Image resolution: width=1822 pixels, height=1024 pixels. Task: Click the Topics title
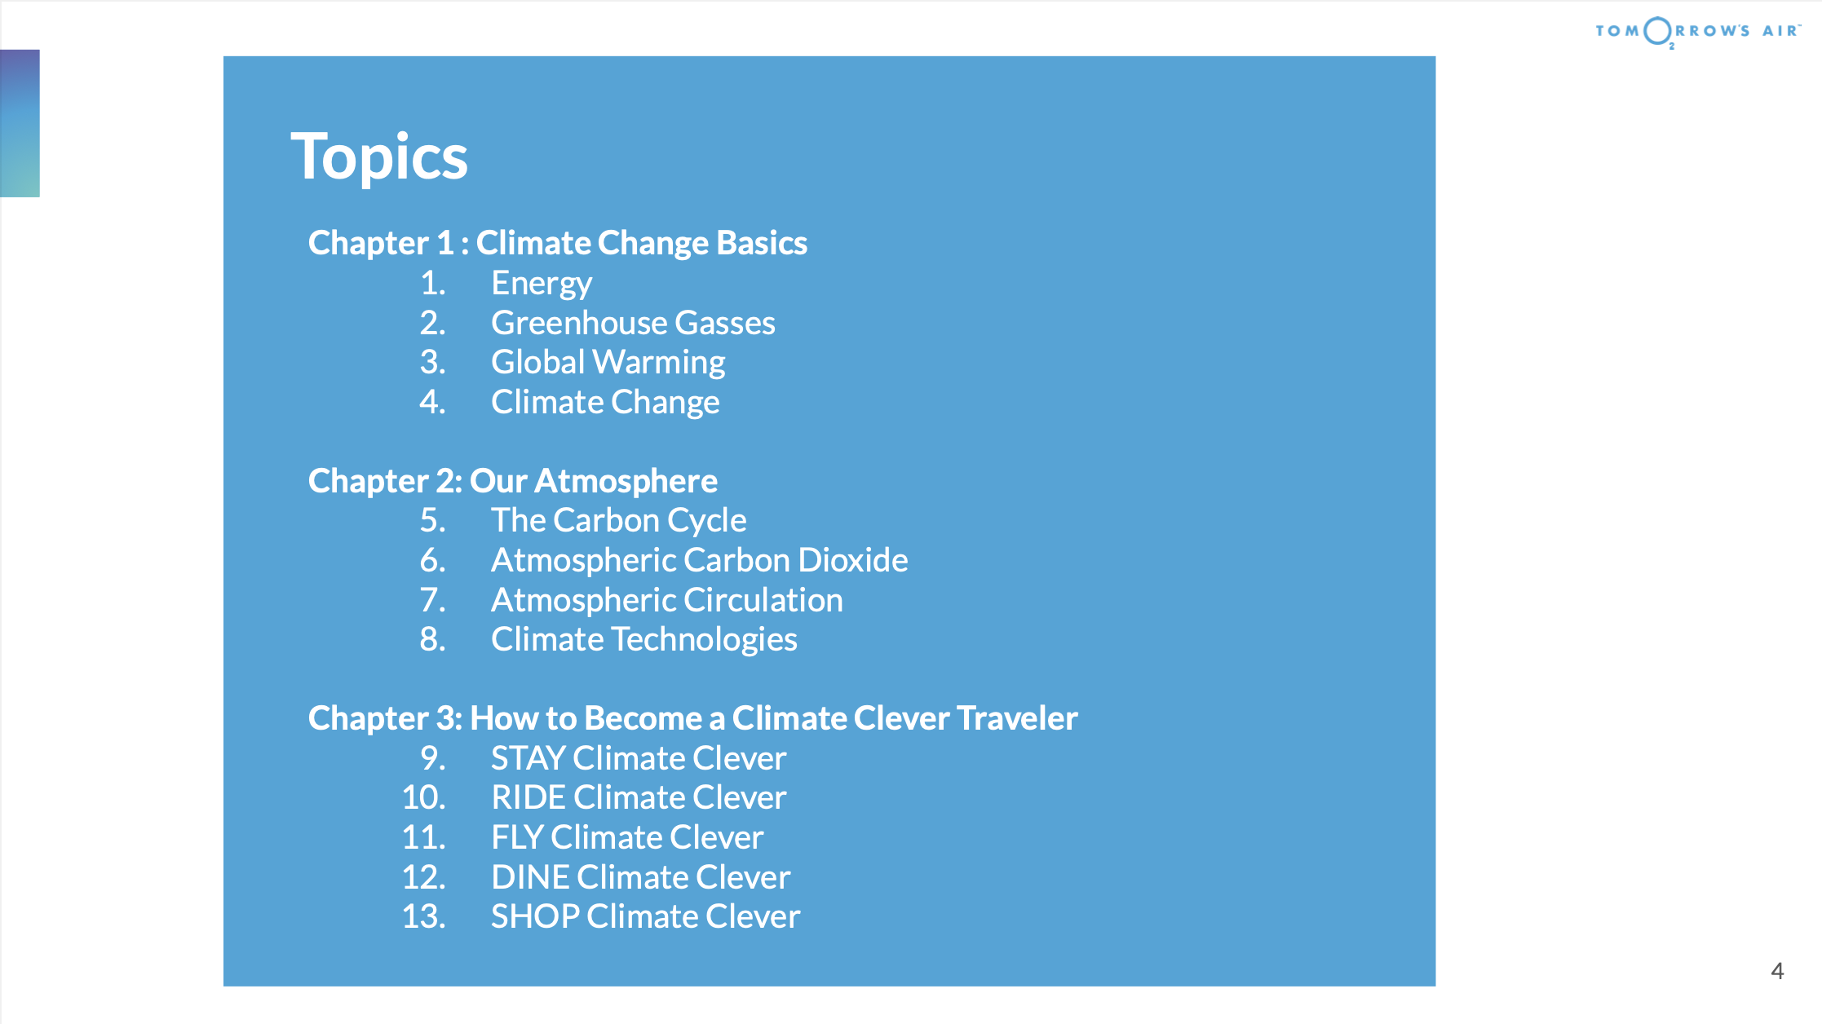[379, 157]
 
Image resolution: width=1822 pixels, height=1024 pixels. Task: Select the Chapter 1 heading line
[558, 243]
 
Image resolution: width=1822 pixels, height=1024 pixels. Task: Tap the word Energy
[542, 284]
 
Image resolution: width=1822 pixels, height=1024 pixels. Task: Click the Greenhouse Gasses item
[633, 323]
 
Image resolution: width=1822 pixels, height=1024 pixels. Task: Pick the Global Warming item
[608, 363]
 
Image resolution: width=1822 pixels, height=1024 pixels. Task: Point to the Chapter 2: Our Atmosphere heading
[513, 481]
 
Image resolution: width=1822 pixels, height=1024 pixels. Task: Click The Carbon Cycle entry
[619, 521]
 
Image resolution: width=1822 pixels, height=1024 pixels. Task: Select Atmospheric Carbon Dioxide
[700, 561]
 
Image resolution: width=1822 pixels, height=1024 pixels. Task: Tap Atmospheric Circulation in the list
[667, 601]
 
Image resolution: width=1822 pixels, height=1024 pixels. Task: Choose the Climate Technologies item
[644, 640]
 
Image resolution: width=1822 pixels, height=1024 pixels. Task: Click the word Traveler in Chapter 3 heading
[1017, 718]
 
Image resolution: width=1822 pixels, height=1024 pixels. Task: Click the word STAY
[528, 759]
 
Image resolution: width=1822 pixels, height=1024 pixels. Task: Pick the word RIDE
[528, 798]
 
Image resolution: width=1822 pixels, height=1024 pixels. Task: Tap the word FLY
[517, 838]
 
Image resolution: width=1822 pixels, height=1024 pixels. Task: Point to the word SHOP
[535, 917]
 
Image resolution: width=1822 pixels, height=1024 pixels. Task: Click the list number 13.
[424, 917]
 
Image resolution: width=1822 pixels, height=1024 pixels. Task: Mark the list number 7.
[433, 601]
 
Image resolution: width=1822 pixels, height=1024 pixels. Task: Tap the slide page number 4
[1778, 971]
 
